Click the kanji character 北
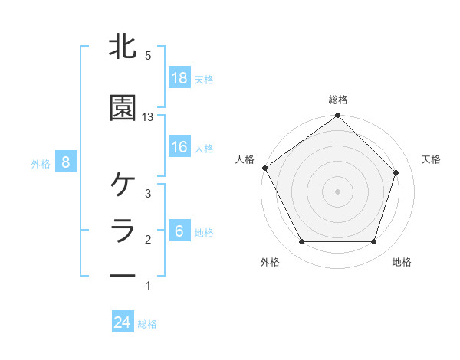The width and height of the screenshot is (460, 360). coord(123,47)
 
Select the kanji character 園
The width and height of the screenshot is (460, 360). coord(123,108)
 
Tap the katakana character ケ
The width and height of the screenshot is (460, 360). coord(123,185)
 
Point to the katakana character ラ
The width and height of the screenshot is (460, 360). coord(123,231)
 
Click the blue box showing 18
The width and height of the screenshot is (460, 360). coord(179,78)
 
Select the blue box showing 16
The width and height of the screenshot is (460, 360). coord(179,147)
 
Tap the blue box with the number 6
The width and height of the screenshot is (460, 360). coord(179,231)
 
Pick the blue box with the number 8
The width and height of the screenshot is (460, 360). coord(66,162)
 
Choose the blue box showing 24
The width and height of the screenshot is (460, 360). coord(123,322)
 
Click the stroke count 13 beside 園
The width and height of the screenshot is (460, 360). coord(148,117)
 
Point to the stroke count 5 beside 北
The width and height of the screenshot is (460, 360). coord(148,56)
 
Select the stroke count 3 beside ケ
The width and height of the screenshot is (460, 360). coord(148,194)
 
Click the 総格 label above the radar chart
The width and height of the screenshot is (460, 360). coord(338,100)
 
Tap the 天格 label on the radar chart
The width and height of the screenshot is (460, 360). coord(432,159)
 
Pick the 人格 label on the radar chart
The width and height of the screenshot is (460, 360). coord(245,159)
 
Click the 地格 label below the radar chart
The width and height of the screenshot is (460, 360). coord(402,262)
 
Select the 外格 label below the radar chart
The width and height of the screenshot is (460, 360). coord(270,262)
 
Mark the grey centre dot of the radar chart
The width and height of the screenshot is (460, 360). coord(337,191)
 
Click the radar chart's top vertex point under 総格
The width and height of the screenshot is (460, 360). coord(337,116)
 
